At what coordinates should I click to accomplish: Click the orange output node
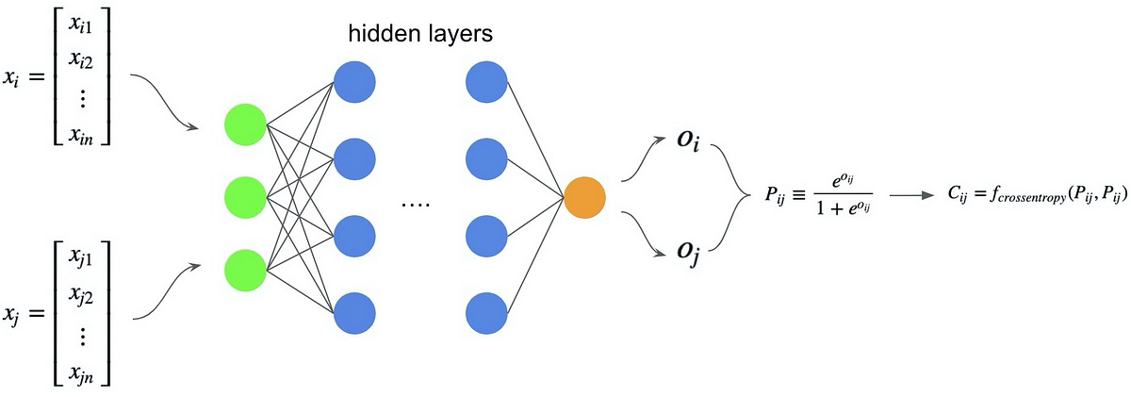(584, 198)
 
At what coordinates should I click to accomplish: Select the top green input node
(246, 124)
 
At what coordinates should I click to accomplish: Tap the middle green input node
(246, 198)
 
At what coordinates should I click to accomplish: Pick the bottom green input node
(246, 271)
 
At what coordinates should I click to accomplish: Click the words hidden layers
(420, 34)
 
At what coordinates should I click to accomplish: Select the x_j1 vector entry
(85, 256)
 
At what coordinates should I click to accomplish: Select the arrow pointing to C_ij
(912, 197)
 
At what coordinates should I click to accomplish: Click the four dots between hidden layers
(415, 205)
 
